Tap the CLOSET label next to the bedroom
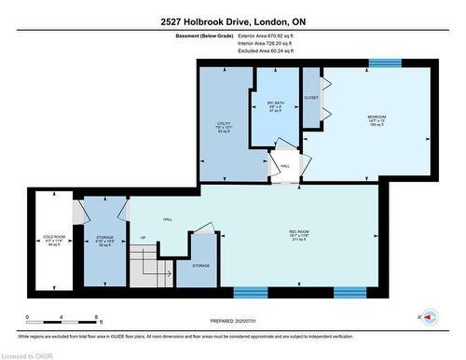click(x=311, y=97)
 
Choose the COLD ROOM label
click(x=53, y=238)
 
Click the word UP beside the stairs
click(x=143, y=237)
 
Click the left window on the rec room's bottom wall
click(x=252, y=292)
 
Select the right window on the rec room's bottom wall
click(x=353, y=292)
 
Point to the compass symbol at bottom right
click(x=429, y=316)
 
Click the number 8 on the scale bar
click(x=98, y=317)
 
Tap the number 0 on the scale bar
click(x=27, y=317)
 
